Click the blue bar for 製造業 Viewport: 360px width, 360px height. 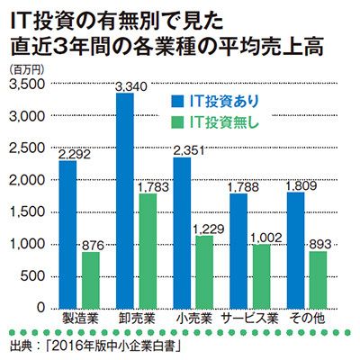pyautogui.click(x=67, y=234)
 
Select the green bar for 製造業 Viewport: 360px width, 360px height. pyautogui.click(x=91, y=280)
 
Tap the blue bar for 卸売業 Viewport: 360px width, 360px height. pyautogui.click(x=125, y=201)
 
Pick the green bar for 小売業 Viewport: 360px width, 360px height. pyautogui.click(x=204, y=272)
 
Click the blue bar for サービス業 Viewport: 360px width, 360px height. pyautogui.click(x=238, y=251)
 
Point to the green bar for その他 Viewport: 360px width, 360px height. pyautogui.click(x=319, y=280)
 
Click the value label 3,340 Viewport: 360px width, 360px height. pyautogui.click(x=131, y=86)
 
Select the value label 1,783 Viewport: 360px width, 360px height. pyautogui.click(x=153, y=187)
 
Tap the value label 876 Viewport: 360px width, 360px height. pyautogui.click(x=93, y=246)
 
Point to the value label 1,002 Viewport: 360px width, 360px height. pyautogui.click(x=266, y=238)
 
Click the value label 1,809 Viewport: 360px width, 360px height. pyautogui.click(x=301, y=186)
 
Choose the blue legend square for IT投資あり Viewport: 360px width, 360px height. pyautogui.click(x=177, y=102)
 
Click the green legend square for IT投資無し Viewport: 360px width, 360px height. pyautogui.click(x=177, y=122)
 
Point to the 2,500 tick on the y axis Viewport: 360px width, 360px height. pyautogui.click(x=26, y=148)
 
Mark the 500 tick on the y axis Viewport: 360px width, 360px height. pyautogui.click(x=32, y=276)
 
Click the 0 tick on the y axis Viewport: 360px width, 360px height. pyautogui.click(x=40, y=308)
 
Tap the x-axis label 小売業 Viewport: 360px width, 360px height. pyautogui.click(x=194, y=319)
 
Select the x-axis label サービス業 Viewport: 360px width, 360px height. pyautogui.click(x=250, y=319)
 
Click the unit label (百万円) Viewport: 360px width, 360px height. pyautogui.click(x=27, y=70)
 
